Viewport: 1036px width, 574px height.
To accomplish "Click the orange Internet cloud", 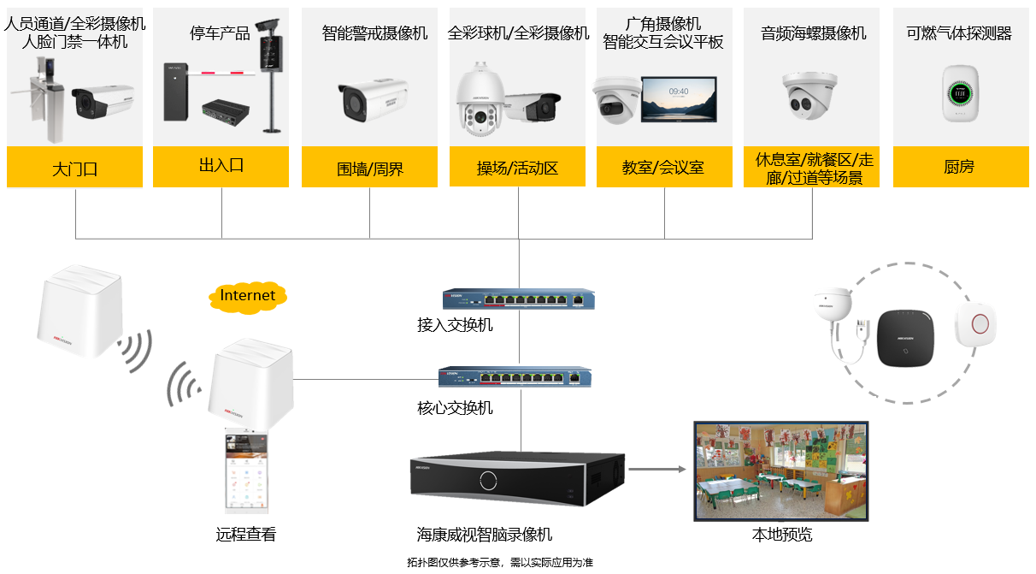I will [248, 296].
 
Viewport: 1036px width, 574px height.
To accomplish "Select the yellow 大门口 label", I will [74, 168].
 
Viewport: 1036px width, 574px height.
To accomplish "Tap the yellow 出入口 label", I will [221, 166].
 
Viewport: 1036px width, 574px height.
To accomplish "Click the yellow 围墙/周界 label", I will [369, 168].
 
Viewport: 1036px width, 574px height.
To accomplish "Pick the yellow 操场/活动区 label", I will [517, 168].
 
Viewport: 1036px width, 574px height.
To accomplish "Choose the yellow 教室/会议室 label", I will [664, 168].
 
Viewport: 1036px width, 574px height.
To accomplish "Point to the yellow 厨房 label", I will [959, 168].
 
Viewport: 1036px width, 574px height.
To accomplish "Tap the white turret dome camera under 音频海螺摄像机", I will [809, 94].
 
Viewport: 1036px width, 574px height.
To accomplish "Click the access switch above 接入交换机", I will [518, 299].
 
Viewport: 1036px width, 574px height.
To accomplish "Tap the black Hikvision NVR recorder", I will [517, 479].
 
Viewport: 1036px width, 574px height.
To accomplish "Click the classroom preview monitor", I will [780, 470].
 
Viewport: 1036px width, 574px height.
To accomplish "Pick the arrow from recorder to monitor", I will [657, 469].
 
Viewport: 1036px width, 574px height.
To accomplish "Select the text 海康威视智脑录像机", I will [485, 536].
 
